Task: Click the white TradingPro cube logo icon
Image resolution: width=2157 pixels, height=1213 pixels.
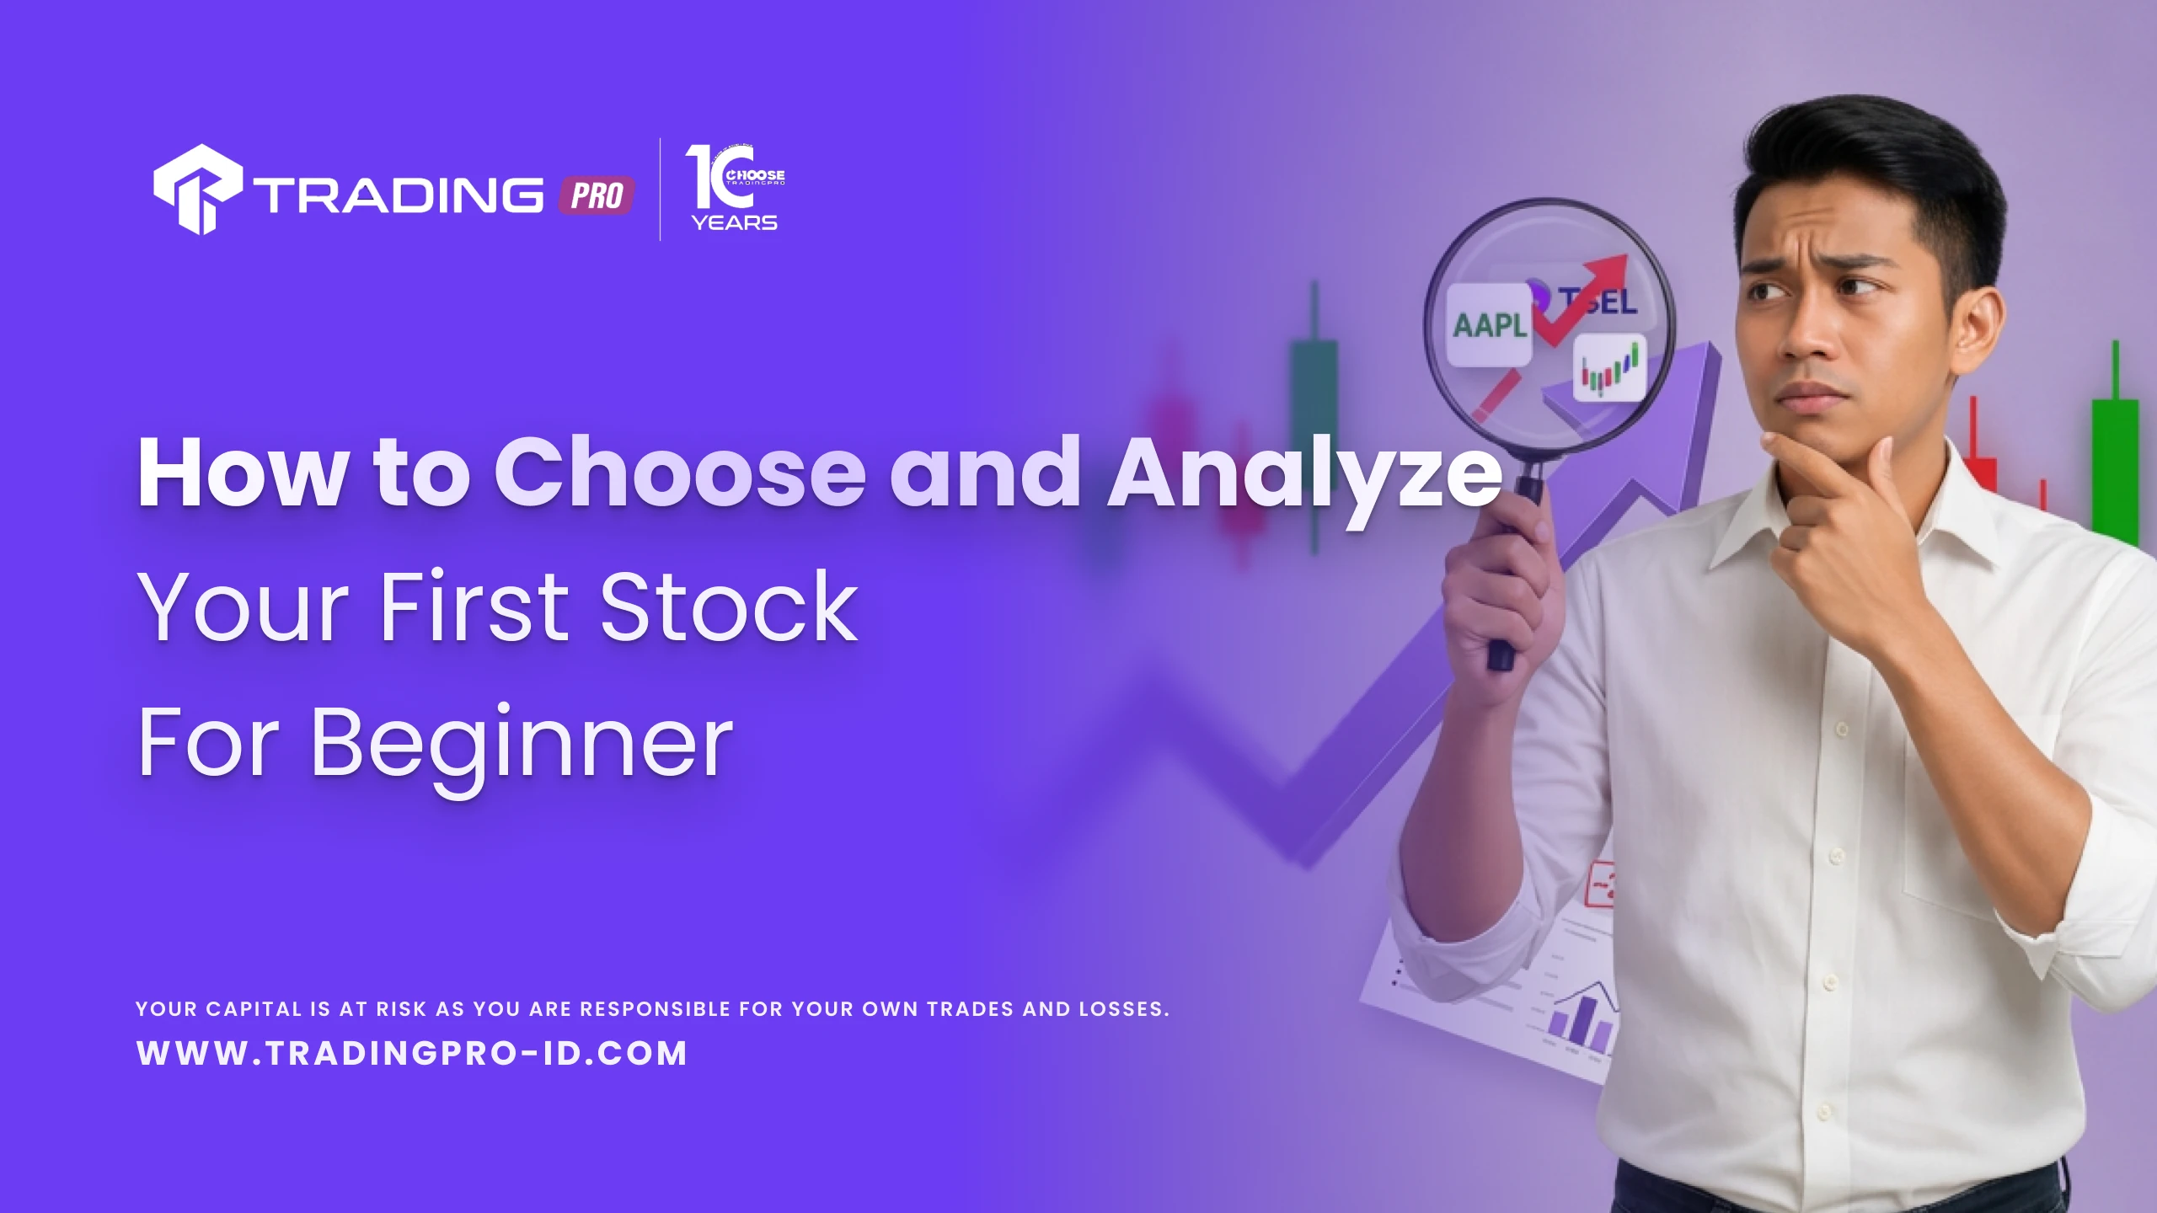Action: [198, 190]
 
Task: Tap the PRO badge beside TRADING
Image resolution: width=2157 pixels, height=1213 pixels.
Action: [597, 196]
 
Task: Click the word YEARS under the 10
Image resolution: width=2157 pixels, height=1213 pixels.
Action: [735, 222]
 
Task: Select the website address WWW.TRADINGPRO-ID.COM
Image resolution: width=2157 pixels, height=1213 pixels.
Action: [412, 1053]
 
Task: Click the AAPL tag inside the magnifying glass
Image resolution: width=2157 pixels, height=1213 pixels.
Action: [1489, 324]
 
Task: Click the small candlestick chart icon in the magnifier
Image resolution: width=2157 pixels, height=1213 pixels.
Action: [1609, 367]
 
